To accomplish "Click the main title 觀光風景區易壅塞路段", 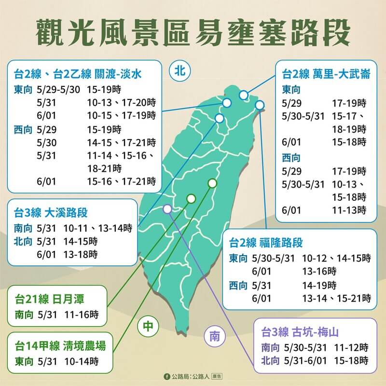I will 193,31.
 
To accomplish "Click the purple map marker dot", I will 167,209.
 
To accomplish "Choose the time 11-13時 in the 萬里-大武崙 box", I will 349,210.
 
